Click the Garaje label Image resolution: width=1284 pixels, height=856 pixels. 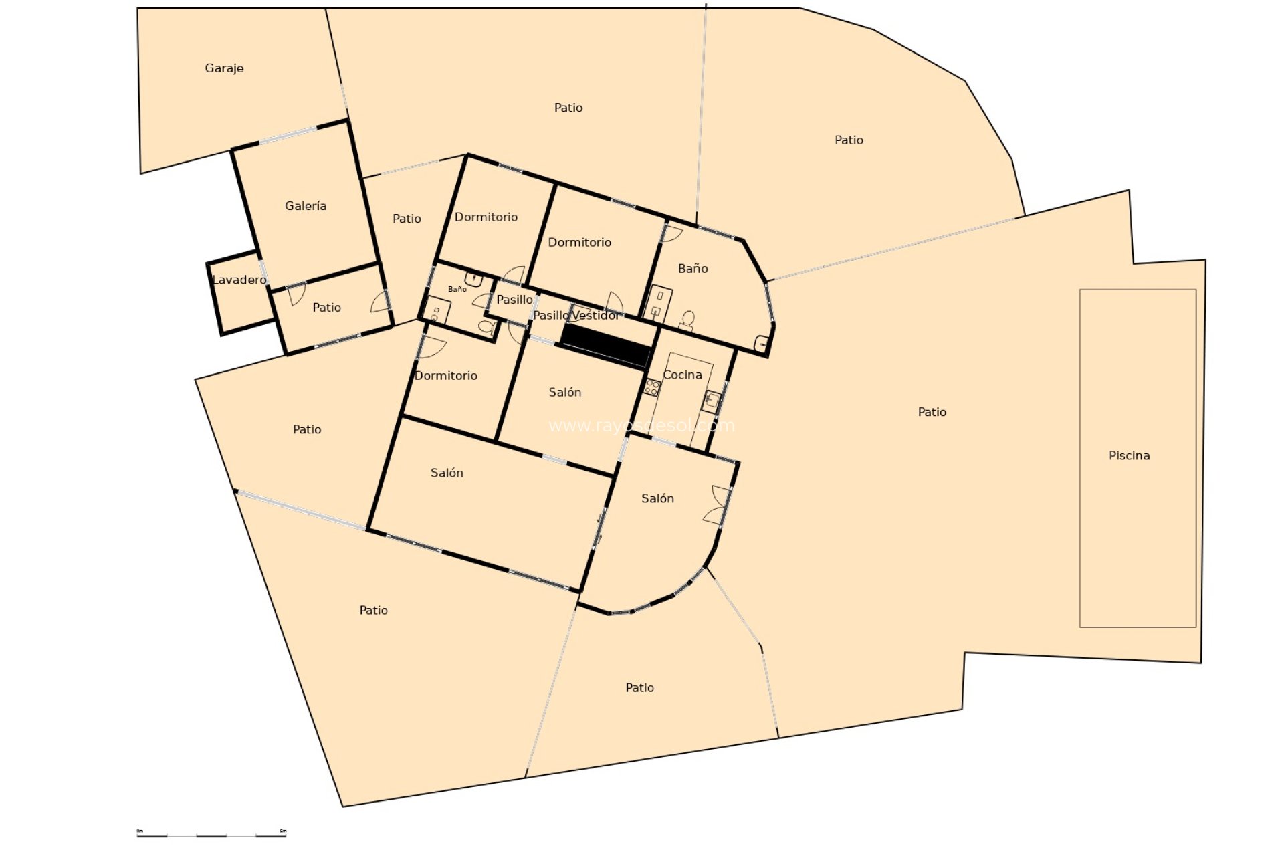(x=224, y=68)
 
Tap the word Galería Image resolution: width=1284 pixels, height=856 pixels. (x=306, y=206)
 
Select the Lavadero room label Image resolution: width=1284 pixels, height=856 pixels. (x=239, y=280)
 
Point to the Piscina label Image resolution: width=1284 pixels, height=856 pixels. (x=1129, y=455)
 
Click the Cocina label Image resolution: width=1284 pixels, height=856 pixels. (x=682, y=374)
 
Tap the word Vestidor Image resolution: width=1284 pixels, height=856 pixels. (x=596, y=315)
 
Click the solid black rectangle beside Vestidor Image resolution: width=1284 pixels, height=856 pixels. (x=606, y=346)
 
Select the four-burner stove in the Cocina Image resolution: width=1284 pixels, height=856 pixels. (x=652, y=387)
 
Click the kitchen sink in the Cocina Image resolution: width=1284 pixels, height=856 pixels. (x=712, y=401)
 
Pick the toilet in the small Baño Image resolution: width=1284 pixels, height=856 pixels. (x=487, y=327)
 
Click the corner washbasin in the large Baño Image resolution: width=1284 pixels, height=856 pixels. (x=762, y=344)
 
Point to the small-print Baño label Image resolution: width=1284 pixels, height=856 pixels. (x=457, y=289)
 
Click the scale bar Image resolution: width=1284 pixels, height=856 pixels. (x=211, y=835)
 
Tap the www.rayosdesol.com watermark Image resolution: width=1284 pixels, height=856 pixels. (x=641, y=425)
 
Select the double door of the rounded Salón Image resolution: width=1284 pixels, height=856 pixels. (x=719, y=505)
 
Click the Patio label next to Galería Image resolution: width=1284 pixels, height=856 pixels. (x=407, y=219)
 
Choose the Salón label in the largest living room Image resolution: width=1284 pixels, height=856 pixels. (x=447, y=473)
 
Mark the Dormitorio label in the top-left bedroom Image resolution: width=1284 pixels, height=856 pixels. (x=486, y=217)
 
